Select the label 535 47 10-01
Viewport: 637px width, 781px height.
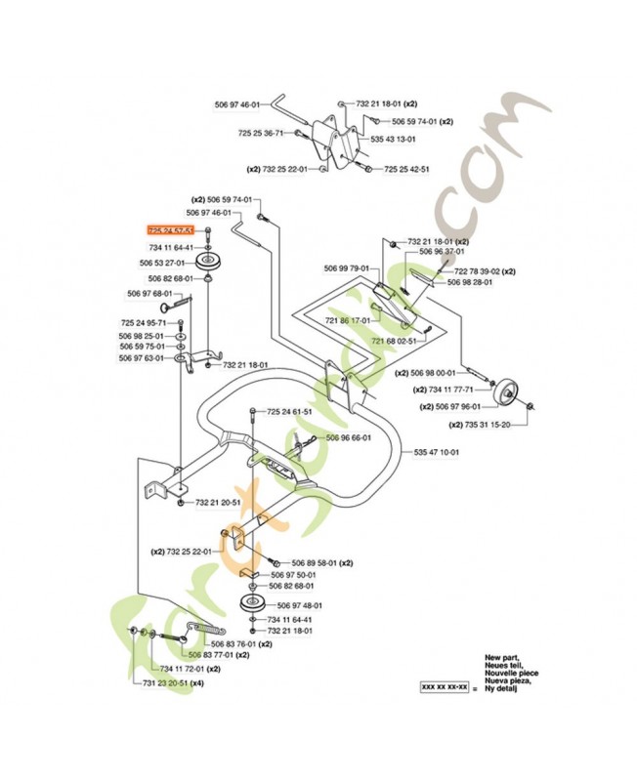[x=436, y=452]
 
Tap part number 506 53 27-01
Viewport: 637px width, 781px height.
[x=161, y=264]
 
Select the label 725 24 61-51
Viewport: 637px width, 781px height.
[x=288, y=411]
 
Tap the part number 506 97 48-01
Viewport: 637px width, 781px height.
[x=300, y=605]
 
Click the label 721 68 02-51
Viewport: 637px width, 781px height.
[x=394, y=341]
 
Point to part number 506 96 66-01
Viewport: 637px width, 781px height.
[x=348, y=437]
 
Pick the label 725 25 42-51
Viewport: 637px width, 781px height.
[x=405, y=169]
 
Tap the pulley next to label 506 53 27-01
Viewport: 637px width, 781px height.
[x=207, y=264]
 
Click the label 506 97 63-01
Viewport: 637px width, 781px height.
[x=144, y=358]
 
